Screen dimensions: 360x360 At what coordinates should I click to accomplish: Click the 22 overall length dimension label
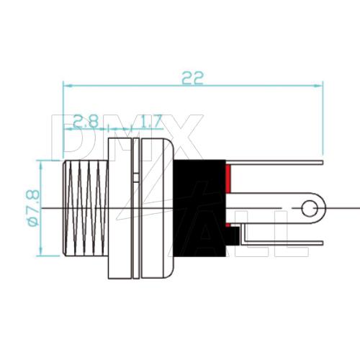192,78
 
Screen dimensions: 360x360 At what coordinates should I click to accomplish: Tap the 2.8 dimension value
86,121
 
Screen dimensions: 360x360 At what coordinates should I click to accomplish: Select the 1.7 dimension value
150,121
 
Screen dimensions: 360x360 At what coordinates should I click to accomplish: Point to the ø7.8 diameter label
33,208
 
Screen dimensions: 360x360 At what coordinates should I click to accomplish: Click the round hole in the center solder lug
310,208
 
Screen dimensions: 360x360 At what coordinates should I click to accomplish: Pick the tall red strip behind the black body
228,179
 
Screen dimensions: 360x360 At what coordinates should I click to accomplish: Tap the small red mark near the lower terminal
228,225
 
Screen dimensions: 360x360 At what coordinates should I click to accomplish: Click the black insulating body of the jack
199,208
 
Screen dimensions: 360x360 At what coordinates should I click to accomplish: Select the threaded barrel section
85,208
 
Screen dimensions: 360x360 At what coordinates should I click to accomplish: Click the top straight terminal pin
274,163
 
